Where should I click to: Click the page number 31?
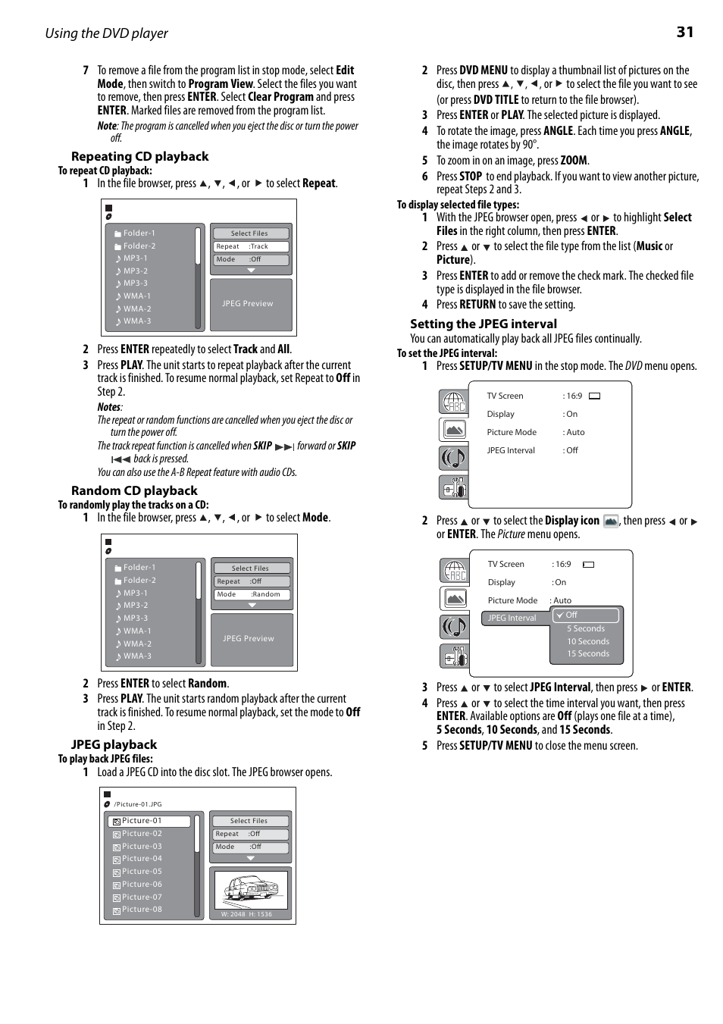click(685, 32)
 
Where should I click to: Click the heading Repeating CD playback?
click(139, 157)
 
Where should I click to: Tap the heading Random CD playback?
click(134, 491)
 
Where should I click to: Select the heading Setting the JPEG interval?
click(484, 324)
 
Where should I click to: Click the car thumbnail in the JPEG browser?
click(251, 890)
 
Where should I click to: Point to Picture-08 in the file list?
click(142, 910)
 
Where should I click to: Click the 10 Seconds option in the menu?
click(588, 641)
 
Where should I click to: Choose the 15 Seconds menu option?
click(588, 653)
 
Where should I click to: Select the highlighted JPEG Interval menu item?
click(512, 618)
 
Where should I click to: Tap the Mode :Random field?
click(250, 595)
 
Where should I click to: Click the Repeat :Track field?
click(250, 247)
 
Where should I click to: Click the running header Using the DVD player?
click(107, 33)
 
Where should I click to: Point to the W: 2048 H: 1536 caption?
click(246, 914)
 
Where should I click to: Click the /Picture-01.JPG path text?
click(138, 804)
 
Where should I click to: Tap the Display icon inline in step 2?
click(611, 521)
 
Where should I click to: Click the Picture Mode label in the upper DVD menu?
click(512, 432)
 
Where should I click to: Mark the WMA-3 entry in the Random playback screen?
click(137, 656)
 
